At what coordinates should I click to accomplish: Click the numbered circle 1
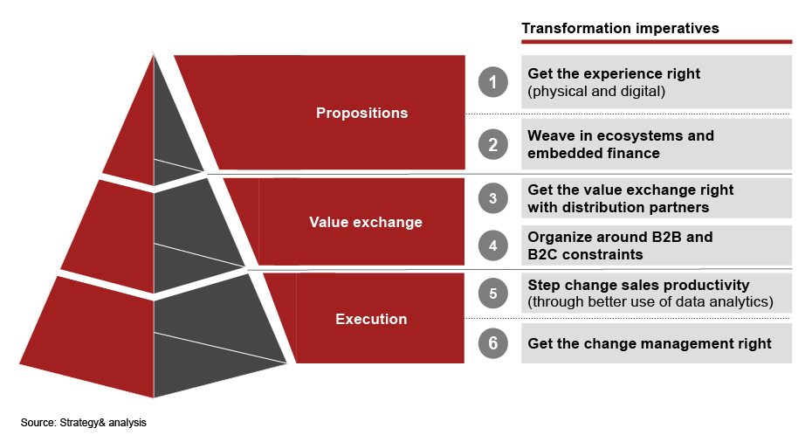pyautogui.click(x=492, y=83)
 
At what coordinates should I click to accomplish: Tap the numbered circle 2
pyautogui.click(x=492, y=145)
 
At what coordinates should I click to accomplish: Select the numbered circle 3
pyautogui.click(x=492, y=199)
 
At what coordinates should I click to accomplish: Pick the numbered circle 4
pyautogui.click(x=492, y=246)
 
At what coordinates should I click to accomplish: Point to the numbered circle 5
pyautogui.click(x=492, y=294)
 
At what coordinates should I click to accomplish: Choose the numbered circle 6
pyautogui.click(x=492, y=343)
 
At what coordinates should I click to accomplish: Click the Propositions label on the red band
pyautogui.click(x=361, y=114)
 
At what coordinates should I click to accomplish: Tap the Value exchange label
pyautogui.click(x=365, y=223)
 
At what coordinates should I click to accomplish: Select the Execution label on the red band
pyautogui.click(x=371, y=320)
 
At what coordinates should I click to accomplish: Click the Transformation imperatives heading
pyautogui.click(x=620, y=29)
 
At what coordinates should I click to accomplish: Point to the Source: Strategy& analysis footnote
pyautogui.click(x=84, y=423)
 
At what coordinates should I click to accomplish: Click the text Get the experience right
pyautogui.click(x=614, y=74)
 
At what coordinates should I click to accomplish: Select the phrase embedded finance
pyautogui.click(x=593, y=154)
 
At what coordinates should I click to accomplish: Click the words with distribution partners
pyautogui.click(x=617, y=208)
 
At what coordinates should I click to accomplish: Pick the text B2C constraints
pyautogui.click(x=585, y=255)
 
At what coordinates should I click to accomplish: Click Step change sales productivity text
pyautogui.click(x=638, y=286)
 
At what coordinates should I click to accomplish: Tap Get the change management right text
pyautogui.click(x=650, y=344)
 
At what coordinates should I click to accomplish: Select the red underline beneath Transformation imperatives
pyautogui.click(x=657, y=41)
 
